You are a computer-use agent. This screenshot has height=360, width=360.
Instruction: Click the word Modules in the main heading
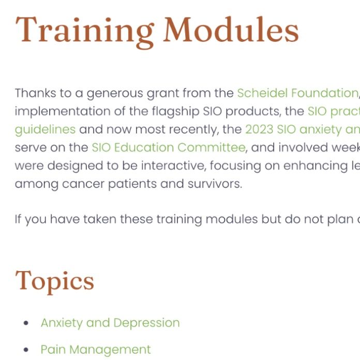coord(231,29)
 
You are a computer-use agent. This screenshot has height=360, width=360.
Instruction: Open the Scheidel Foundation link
coord(298,93)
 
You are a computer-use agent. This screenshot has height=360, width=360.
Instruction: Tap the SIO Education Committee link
coord(169,147)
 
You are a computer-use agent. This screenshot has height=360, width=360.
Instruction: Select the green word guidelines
coord(45,130)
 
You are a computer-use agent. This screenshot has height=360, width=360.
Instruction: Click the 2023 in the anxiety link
coord(259,129)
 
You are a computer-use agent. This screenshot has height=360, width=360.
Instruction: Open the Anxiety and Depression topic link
coord(110,323)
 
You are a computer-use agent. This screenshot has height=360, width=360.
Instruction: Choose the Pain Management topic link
coord(96,350)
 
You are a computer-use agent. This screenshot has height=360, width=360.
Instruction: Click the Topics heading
coord(55,282)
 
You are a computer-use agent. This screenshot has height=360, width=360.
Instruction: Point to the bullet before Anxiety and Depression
coord(26,323)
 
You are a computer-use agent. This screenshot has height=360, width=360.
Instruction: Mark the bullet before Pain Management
coord(26,350)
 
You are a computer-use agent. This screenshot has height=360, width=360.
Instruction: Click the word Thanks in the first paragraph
coord(35,93)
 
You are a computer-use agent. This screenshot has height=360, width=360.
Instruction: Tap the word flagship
coord(175,112)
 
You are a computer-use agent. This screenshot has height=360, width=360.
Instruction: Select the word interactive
coord(172,166)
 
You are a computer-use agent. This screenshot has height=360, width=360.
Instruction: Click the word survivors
coord(215,184)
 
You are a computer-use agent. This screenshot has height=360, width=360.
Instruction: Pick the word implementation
coord(63,112)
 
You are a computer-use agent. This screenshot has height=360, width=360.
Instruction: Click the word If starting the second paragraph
coord(18,219)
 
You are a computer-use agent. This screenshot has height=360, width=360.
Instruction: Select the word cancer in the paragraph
coord(83,184)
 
